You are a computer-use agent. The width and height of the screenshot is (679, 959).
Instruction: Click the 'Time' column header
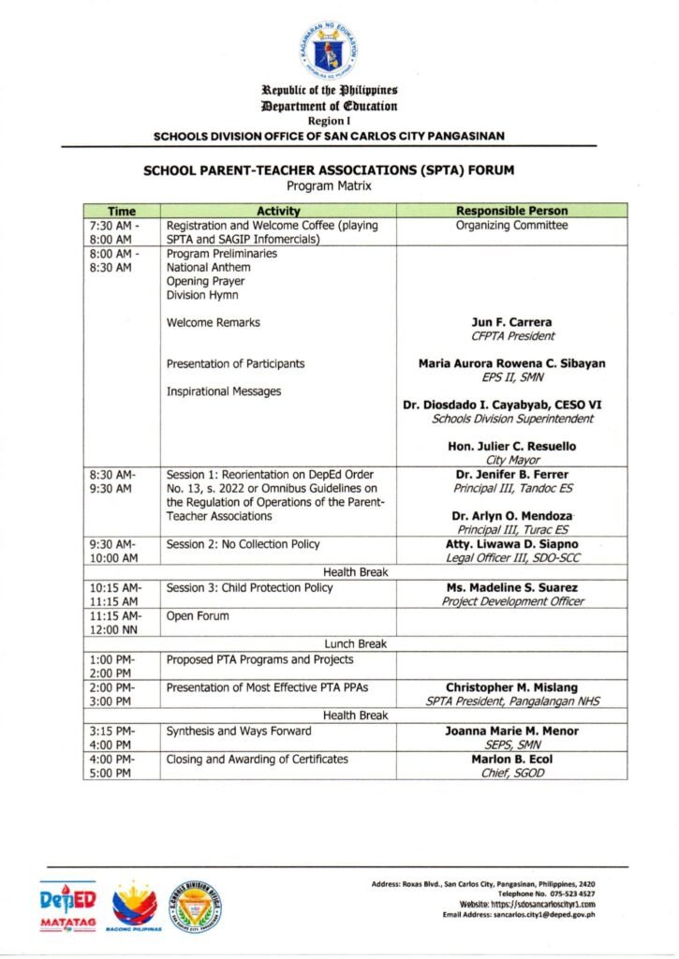(121, 212)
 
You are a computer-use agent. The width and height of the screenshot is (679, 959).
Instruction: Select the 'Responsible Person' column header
(510, 212)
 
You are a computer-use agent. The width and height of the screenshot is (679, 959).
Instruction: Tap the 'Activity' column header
(277, 212)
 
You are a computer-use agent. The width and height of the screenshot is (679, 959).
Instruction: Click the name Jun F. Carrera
(512, 322)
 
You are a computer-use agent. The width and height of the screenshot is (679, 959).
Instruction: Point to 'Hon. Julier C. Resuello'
(511, 447)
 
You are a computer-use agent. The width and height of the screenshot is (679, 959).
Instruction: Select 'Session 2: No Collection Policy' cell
(243, 544)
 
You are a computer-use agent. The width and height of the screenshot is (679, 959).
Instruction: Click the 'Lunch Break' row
(355, 643)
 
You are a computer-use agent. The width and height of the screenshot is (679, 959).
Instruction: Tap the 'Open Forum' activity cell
(198, 616)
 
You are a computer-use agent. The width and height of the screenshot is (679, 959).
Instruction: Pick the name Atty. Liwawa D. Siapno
(511, 544)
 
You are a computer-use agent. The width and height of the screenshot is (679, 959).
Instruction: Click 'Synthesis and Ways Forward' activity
(239, 730)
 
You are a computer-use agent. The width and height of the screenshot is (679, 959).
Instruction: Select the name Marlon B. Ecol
(511, 759)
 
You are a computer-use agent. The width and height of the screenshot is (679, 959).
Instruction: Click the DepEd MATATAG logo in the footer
(68, 906)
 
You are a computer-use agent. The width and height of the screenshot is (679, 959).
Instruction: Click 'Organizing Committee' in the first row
(511, 226)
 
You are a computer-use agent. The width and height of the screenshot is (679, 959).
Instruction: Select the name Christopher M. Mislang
(511, 687)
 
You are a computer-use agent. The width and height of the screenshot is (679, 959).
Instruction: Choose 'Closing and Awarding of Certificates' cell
(257, 759)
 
